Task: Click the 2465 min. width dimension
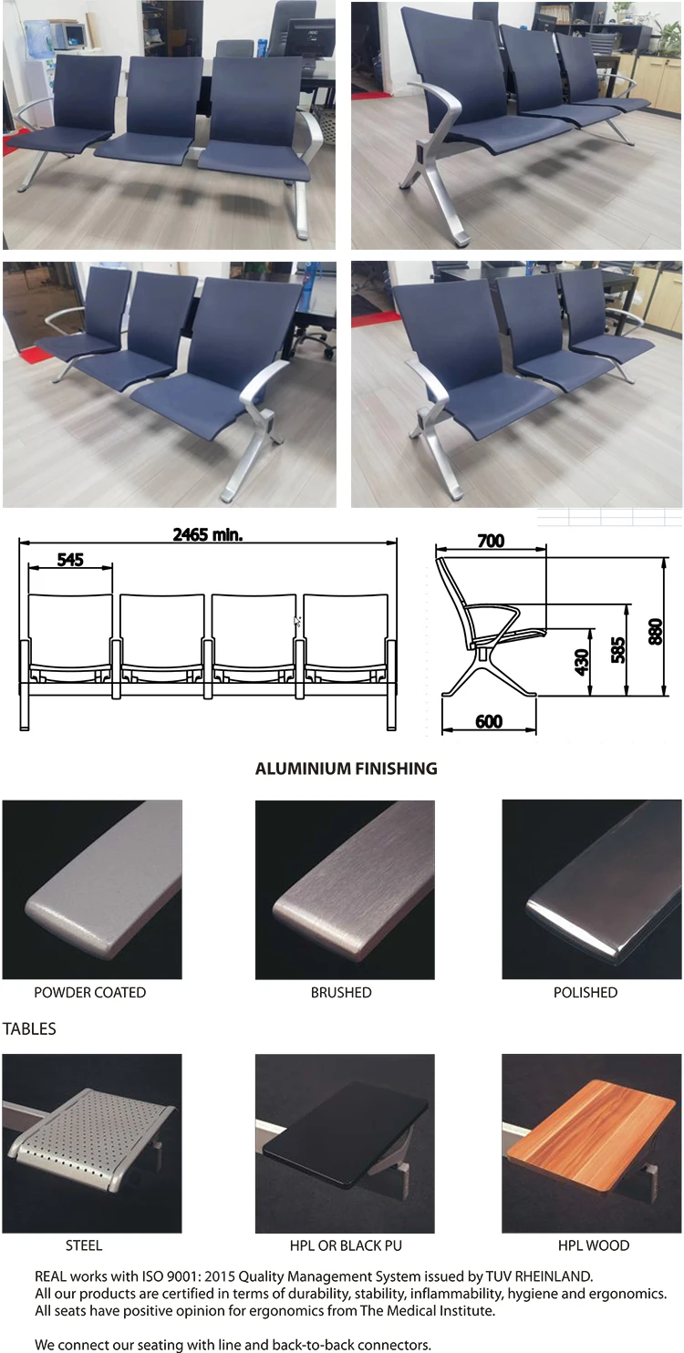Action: coord(208,534)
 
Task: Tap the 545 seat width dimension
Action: coord(69,559)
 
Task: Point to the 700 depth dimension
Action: coord(491,541)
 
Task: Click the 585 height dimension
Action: coord(618,650)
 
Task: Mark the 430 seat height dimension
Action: coord(582,661)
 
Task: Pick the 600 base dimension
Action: coord(489,721)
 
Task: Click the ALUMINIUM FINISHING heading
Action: coord(346,769)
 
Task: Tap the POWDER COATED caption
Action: coord(89,992)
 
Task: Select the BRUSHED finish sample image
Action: coord(345,889)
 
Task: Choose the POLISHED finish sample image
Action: coord(592,889)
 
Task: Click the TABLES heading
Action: coord(29,1028)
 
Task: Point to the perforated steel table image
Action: coord(91,1143)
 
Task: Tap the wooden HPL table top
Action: coord(592,1131)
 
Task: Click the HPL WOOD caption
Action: coord(594,1245)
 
